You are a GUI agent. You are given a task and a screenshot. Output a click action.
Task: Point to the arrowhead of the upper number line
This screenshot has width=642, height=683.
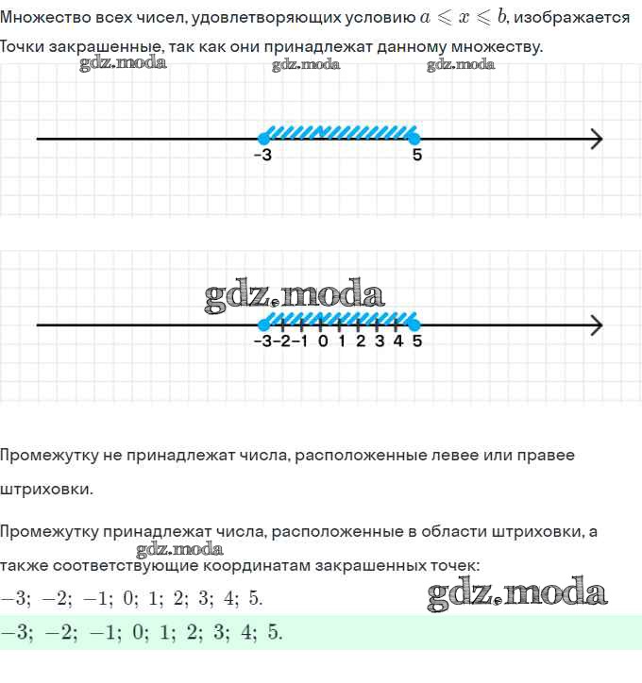pyautogui.click(x=596, y=140)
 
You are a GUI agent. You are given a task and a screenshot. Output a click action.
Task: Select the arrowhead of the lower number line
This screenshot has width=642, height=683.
pyautogui.click(x=596, y=325)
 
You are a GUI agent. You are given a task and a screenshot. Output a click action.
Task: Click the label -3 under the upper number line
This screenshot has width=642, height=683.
pyautogui.click(x=262, y=156)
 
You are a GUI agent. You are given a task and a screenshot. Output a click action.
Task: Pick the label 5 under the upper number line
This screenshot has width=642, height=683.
pyautogui.click(x=416, y=156)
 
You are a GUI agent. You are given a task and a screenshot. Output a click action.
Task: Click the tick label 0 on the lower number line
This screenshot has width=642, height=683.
pyautogui.click(x=323, y=341)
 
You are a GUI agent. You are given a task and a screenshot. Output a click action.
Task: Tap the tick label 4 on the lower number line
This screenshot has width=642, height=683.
pyautogui.click(x=397, y=341)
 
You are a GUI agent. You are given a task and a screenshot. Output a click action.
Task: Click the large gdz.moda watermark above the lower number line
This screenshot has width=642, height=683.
pyautogui.click(x=294, y=296)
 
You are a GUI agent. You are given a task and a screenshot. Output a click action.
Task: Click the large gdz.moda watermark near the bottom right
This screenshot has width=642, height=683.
pyautogui.click(x=516, y=592)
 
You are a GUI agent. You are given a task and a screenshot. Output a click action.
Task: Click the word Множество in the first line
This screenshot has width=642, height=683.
pyautogui.click(x=44, y=18)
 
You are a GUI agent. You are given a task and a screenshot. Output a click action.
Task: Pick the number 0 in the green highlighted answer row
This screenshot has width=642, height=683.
pyautogui.click(x=138, y=632)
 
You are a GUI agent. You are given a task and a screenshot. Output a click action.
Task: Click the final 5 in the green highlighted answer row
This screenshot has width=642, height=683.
pyautogui.click(x=274, y=632)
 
